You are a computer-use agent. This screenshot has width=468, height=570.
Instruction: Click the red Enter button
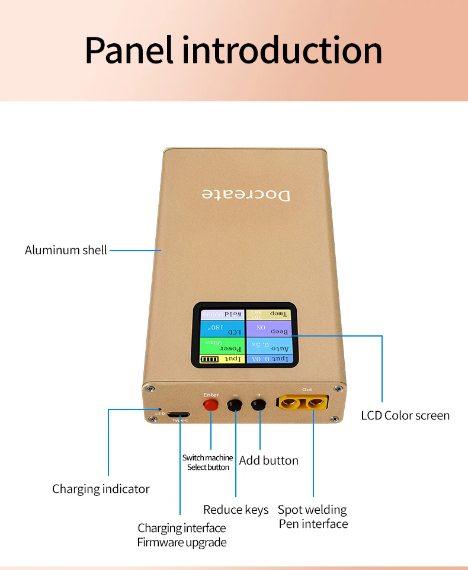click(x=210, y=405)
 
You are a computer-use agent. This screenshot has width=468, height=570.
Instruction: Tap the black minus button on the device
click(x=235, y=405)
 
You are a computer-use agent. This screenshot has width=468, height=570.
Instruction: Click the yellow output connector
click(x=302, y=405)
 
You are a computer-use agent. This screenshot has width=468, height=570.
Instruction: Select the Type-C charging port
click(x=179, y=414)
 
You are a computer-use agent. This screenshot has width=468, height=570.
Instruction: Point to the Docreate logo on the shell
click(x=246, y=194)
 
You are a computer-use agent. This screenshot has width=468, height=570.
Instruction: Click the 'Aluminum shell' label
click(x=66, y=250)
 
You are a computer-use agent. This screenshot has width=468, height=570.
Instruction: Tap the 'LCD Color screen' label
click(x=405, y=415)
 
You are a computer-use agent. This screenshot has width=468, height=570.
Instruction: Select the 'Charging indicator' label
click(x=101, y=489)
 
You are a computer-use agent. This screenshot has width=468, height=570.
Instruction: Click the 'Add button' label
click(x=268, y=460)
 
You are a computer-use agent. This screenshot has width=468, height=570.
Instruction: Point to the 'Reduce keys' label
click(x=235, y=510)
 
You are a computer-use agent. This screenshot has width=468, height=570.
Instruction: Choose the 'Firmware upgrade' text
click(x=181, y=542)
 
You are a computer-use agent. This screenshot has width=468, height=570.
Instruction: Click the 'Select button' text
click(x=208, y=467)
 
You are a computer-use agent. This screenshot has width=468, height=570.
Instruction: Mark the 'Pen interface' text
click(x=313, y=524)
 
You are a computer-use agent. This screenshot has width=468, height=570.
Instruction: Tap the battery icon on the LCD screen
click(x=209, y=359)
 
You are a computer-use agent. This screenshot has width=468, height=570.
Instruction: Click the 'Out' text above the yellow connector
click(x=307, y=389)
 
